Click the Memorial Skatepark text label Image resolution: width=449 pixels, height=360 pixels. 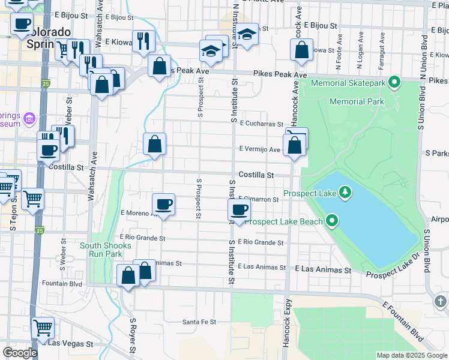348,82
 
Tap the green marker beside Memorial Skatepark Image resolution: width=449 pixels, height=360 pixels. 394,82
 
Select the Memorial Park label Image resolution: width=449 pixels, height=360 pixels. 357,101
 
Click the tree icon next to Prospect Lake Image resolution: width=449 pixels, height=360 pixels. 345,193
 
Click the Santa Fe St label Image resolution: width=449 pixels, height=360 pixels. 199,322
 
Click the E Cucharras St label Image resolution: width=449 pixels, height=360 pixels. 261,124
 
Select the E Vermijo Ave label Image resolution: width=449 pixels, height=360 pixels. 259,149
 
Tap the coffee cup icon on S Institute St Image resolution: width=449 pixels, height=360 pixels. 239,210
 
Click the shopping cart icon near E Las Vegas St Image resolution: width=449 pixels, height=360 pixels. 43,328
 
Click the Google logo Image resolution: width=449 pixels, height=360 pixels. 20,353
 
